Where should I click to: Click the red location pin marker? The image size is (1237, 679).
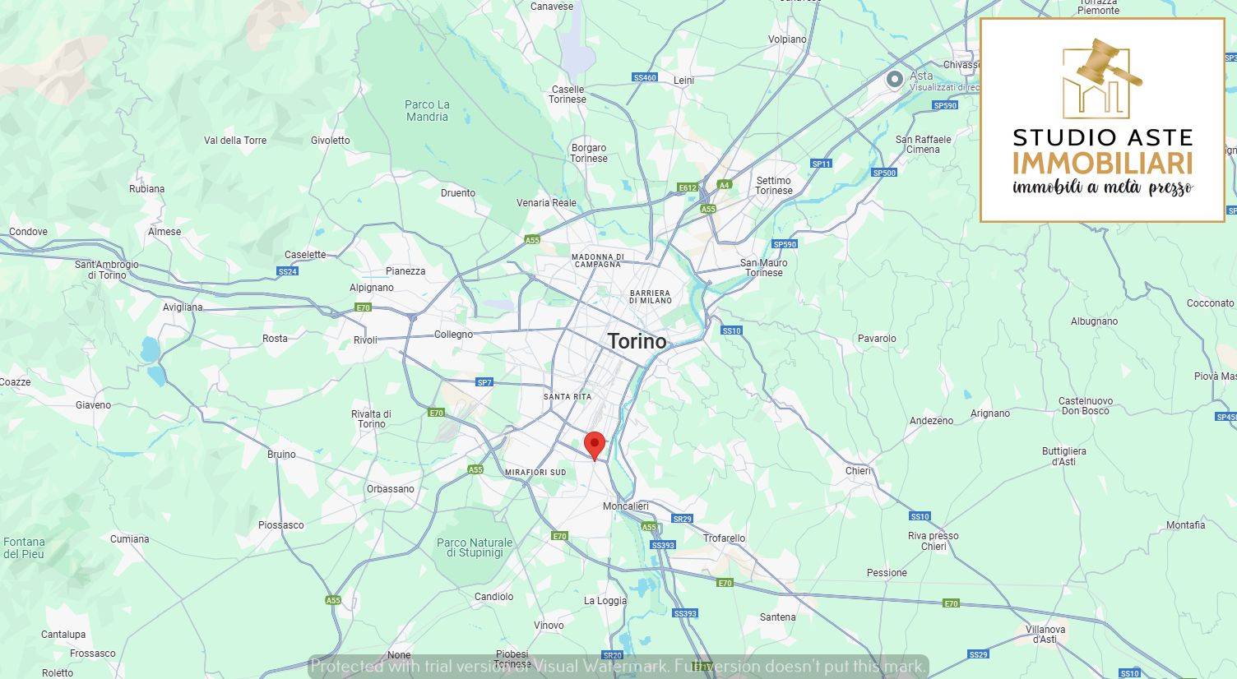pyautogui.click(x=595, y=445)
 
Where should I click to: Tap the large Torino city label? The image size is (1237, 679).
pyautogui.click(x=637, y=341)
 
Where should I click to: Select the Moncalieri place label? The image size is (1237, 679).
pyautogui.click(x=626, y=506)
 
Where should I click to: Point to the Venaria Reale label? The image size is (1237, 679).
pyautogui.click(x=546, y=203)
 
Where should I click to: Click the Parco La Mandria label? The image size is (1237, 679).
pyautogui.click(x=427, y=111)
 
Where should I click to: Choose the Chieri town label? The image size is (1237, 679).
pyautogui.click(x=858, y=471)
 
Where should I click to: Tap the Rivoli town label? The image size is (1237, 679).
pyautogui.click(x=365, y=340)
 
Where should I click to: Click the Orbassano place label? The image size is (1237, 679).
pyautogui.click(x=391, y=489)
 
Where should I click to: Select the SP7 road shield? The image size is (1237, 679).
pyautogui.click(x=484, y=382)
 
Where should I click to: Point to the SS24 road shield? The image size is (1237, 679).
pyautogui.click(x=287, y=271)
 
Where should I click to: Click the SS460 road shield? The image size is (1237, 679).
pyautogui.click(x=645, y=78)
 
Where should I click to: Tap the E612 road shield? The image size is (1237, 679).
pyautogui.click(x=688, y=188)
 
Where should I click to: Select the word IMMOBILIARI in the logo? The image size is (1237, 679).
pyautogui.click(x=1102, y=163)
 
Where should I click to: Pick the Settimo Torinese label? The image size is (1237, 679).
pyautogui.click(x=774, y=186)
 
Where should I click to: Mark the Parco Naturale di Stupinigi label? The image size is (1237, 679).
pyautogui.click(x=475, y=547)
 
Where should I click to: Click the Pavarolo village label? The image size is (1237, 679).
pyautogui.click(x=877, y=339)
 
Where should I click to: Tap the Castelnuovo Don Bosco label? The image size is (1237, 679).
pyautogui.click(x=1086, y=406)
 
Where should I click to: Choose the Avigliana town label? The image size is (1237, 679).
pyautogui.click(x=183, y=307)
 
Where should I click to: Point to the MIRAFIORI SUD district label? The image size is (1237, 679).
pyautogui.click(x=535, y=473)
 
